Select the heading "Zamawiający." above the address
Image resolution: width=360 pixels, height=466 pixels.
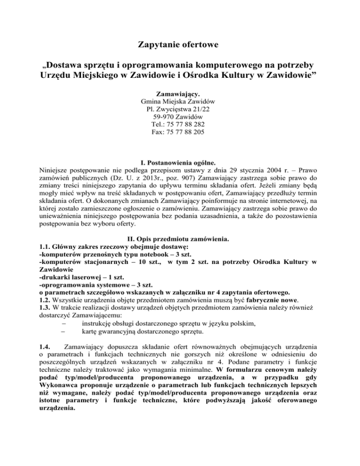click(180, 94)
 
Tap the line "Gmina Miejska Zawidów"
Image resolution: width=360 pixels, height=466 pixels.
click(180, 102)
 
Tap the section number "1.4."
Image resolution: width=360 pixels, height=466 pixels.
click(46, 350)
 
